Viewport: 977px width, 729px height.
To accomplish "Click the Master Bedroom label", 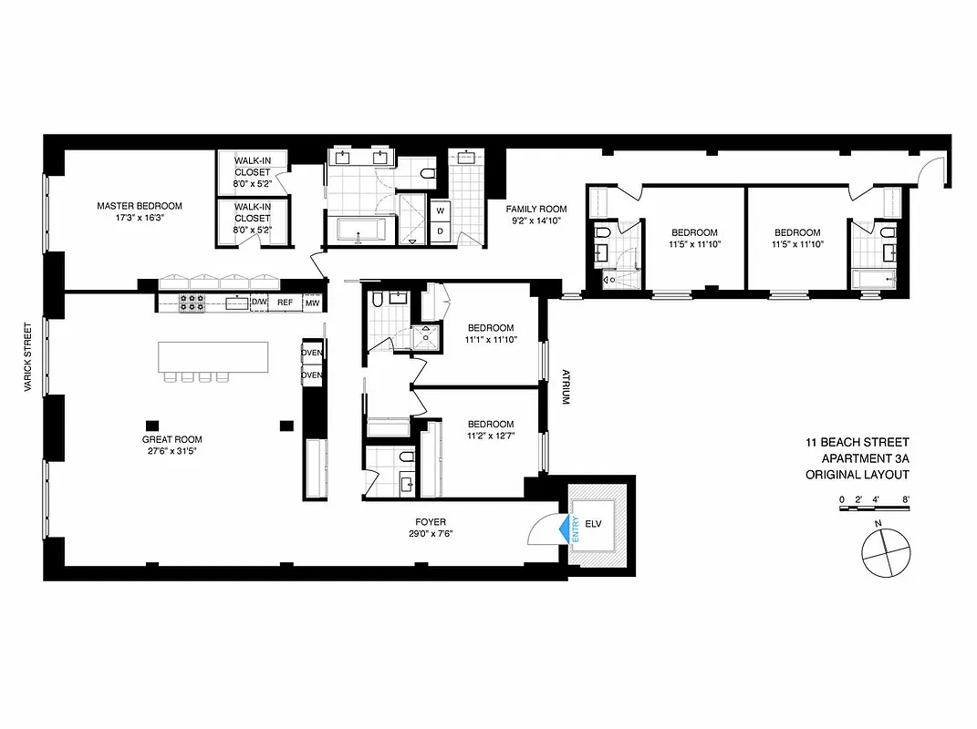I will pyautogui.click(x=140, y=206).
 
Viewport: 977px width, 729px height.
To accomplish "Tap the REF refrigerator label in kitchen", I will pyautogui.click(x=286, y=303).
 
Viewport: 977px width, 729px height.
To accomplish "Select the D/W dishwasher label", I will pyautogui.click(x=259, y=303).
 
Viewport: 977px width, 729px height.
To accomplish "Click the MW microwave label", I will pyautogui.click(x=312, y=303).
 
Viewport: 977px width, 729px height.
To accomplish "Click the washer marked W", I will pyautogui.click(x=440, y=210).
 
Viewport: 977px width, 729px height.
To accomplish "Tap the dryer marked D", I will pyautogui.click(x=440, y=231).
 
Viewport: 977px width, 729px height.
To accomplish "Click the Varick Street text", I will pyautogui.click(x=29, y=355).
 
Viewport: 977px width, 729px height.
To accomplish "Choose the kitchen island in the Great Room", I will pyautogui.click(x=213, y=356).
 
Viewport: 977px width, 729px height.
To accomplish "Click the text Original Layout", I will pyautogui.click(x=857, y=475).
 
